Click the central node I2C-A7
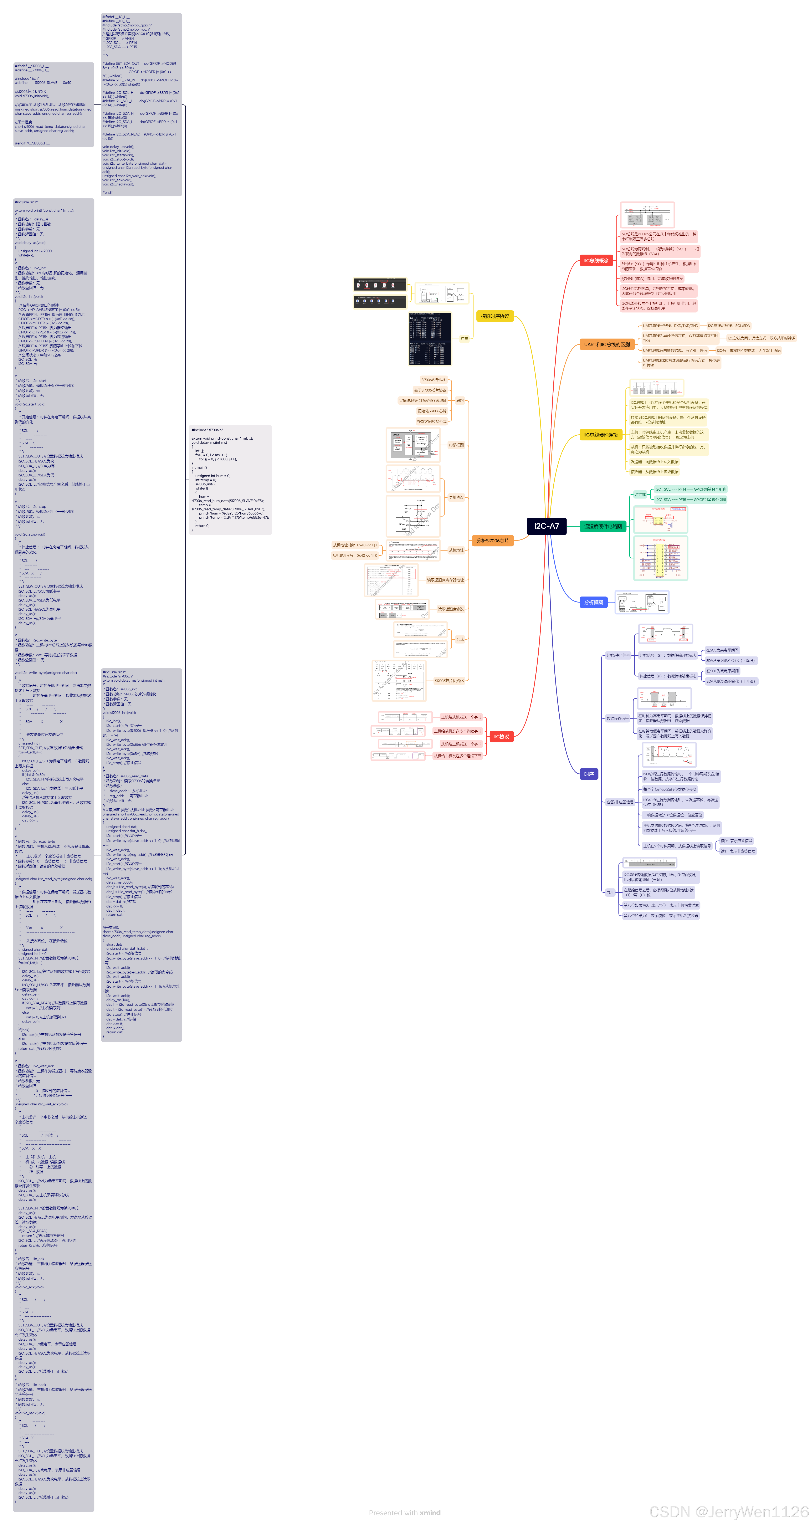pos(546,526)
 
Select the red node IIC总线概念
pos(596,261)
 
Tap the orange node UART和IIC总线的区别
pos(606,344)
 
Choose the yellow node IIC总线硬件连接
pos(600,435)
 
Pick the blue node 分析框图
pos(593,602)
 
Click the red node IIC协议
pos(501,736)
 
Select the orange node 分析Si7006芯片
pos(492,541)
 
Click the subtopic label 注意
pos(464,339)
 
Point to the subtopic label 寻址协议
pos(456,497)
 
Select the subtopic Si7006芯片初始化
pos(449,681)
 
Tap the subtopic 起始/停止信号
pos(617,655)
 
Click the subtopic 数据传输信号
pos(617,718)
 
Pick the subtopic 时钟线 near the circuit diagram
pos(640,494)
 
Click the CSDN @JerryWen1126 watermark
pos(728,1511)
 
